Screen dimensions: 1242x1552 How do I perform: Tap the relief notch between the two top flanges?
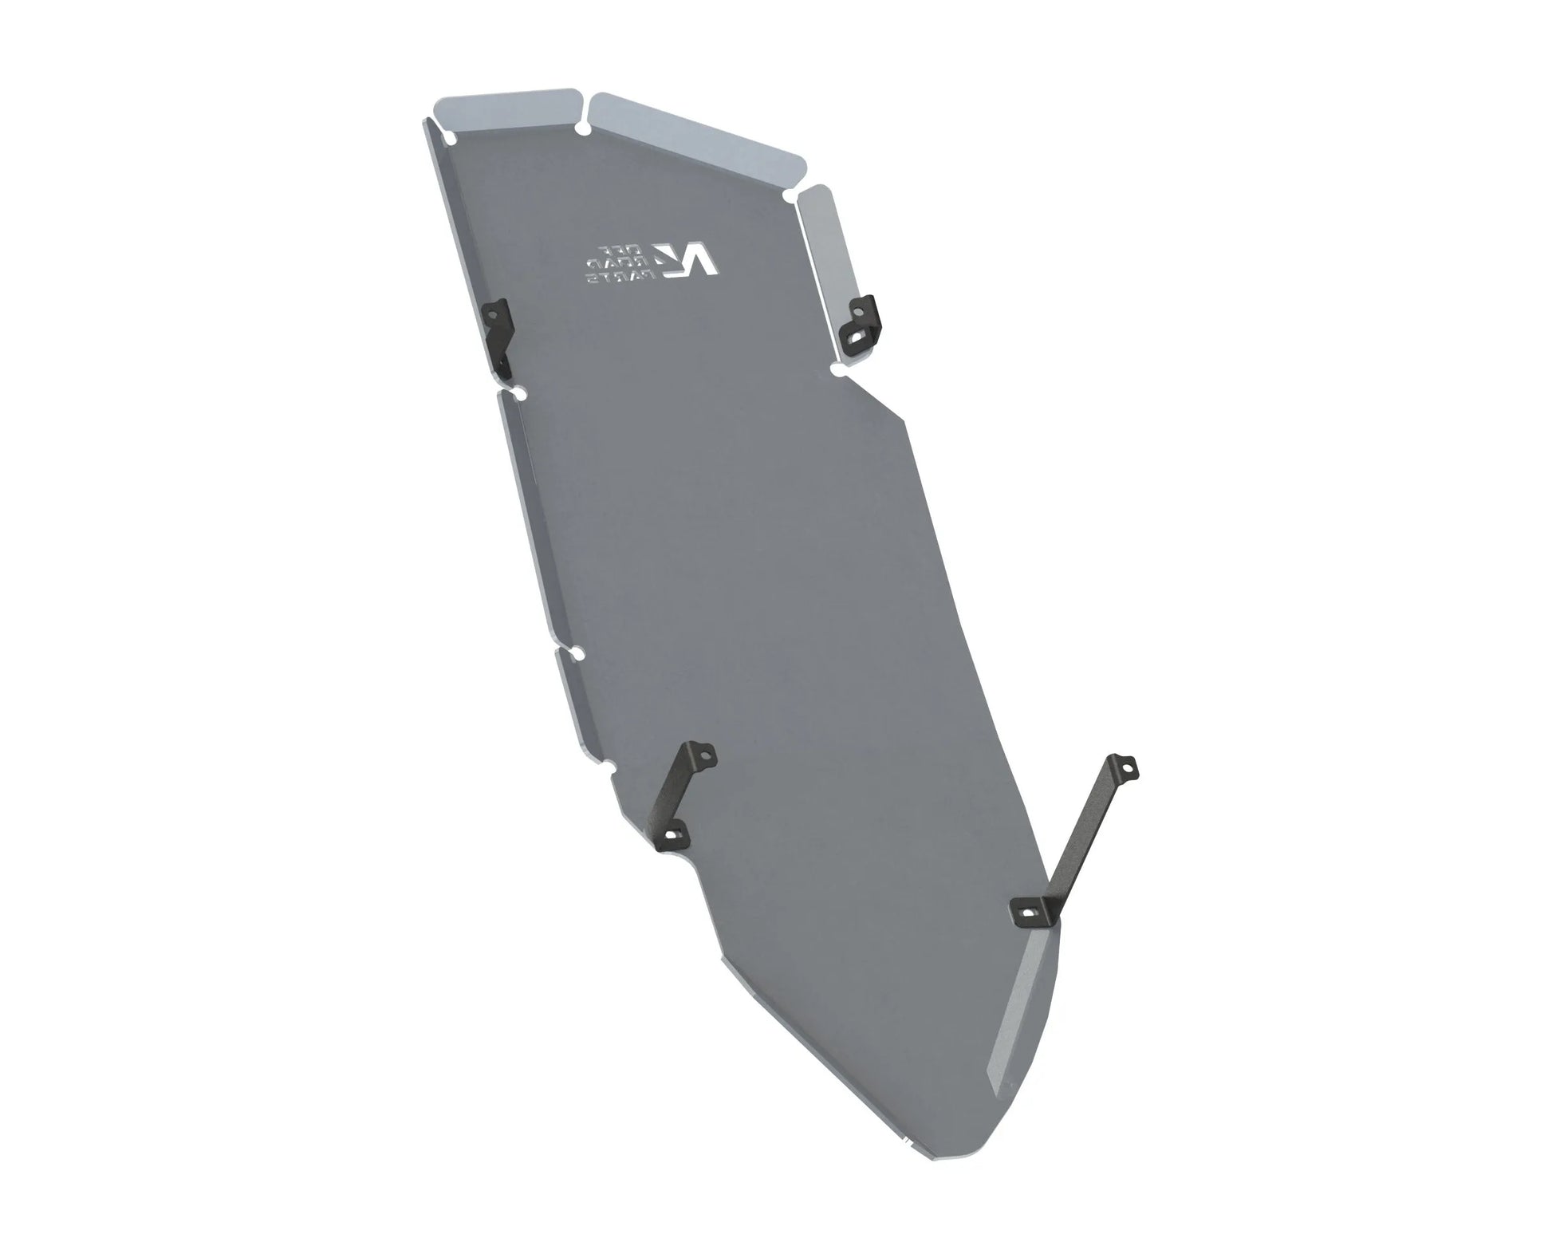tap(585, 128)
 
